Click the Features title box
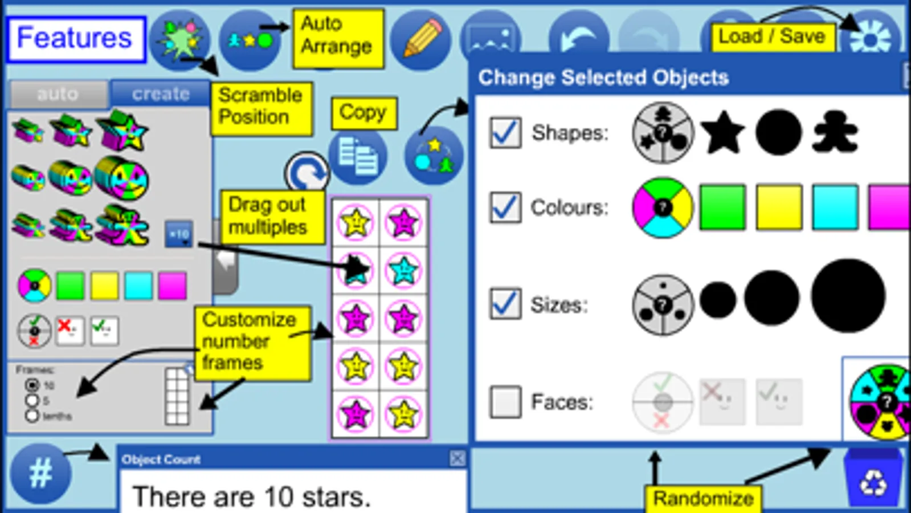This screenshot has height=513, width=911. [x=76, y=39]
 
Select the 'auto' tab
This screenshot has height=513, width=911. [x=58, y=93]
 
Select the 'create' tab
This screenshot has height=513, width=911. [x=160, y=93]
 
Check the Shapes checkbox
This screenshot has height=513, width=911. [x=505, y=133]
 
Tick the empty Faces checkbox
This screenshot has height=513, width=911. [x=505, y=402]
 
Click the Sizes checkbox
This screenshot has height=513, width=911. [x=505, y=303]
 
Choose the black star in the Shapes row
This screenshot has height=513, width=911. [x=722, y=133]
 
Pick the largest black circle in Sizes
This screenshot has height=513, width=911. [x=848, y=296]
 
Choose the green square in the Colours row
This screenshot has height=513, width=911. [x=722, y=207]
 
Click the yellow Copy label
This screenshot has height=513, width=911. [x=363, y=112]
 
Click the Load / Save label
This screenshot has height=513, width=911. [x=772, y=36]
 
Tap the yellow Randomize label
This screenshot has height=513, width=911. [x=703, y=498]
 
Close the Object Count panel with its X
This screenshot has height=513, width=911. [x=457, y=459]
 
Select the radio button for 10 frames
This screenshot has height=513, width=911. [x=32, y=385]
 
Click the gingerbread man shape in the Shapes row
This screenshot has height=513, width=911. [x=834, y=133]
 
